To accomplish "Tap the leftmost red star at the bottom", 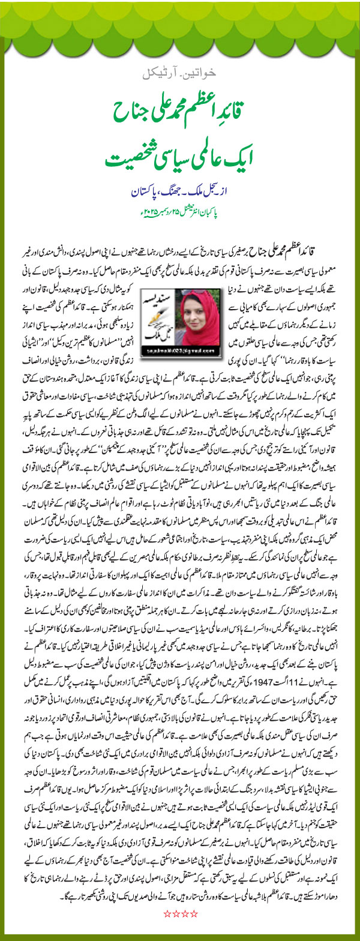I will pos(167,913).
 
